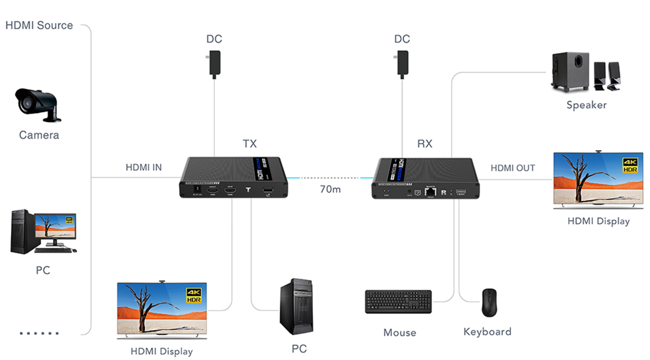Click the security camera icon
(x=37, y=105)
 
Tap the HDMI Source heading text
(x=39, y=25)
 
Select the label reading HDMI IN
(x=144, y=168)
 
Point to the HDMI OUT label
(x=513, y=168)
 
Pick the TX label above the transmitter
(x=250, y=144)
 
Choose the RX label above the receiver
(x=425, y=144)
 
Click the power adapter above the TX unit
(x=214, y=63)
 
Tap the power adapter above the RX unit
(x=402, y=63)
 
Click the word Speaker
(x=586, y=105)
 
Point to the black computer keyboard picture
(x=398, y=302)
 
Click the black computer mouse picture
(x=489, y=302)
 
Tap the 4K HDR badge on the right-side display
(x=629, y=165)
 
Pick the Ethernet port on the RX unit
(x=431, y=191)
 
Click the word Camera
(x=39, y=136)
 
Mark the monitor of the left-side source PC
(x=54, y=227)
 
